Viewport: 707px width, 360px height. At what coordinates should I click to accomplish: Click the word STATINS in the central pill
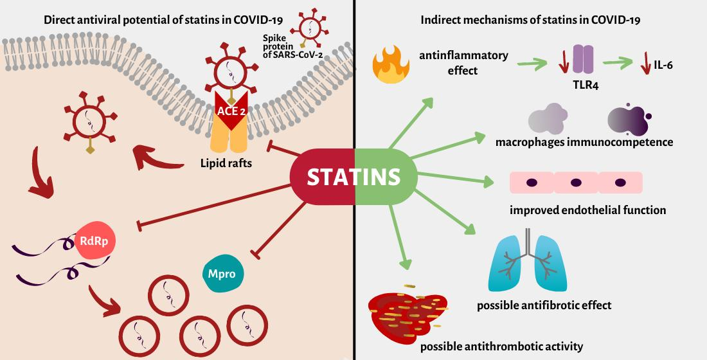pyautogui.click(x=354, y=177)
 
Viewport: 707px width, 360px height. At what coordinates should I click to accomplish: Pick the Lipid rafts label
pyautogui.click(x=226, y=164)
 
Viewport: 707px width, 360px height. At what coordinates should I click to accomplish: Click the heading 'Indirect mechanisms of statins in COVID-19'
pyautogui.click(x=530, y=19)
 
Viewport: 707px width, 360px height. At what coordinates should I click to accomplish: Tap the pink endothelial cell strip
pyautogui.click(x=575, y=183)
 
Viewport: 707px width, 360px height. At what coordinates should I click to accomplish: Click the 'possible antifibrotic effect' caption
pyautogui.click(x=544, y=305)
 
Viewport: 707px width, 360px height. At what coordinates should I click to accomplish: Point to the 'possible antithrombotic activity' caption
pyautogui.click(x=501, y=346)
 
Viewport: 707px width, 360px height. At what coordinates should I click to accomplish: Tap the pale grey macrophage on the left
pyautogui.click(x=548, y=119)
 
